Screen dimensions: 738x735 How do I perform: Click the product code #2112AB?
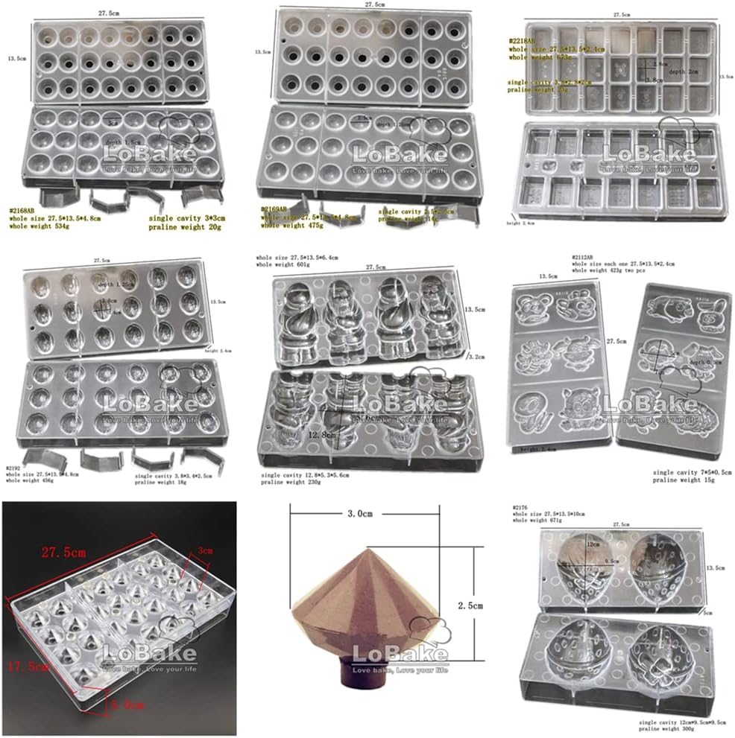(584, 257)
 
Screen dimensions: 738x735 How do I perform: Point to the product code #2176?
(521, 507)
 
